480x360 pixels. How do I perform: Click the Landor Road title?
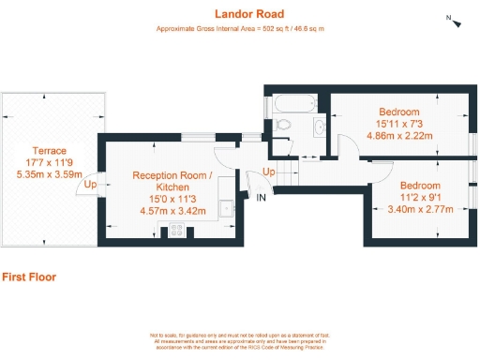tap(240, 13)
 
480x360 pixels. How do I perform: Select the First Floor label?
tap(28, 277)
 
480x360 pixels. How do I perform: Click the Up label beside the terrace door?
tap(90, 185)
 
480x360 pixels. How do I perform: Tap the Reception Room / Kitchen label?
tap(172, 182)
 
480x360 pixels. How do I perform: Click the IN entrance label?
tap(261, 199)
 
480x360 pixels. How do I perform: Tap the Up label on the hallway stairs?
tap(268, 172)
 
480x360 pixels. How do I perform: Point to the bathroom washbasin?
tap(320, 126)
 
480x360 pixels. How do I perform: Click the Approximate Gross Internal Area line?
tap(240, 30)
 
